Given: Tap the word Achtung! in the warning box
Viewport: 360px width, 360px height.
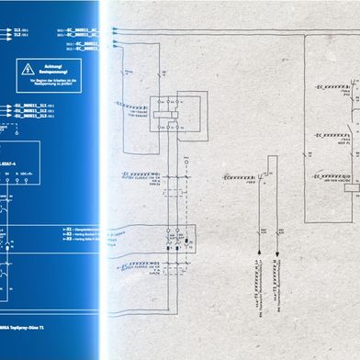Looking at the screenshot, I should pyautogui.click(x=51, y=65).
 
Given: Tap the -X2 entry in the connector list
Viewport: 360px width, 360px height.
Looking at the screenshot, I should pyautogui.click(x=68, y=234).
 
